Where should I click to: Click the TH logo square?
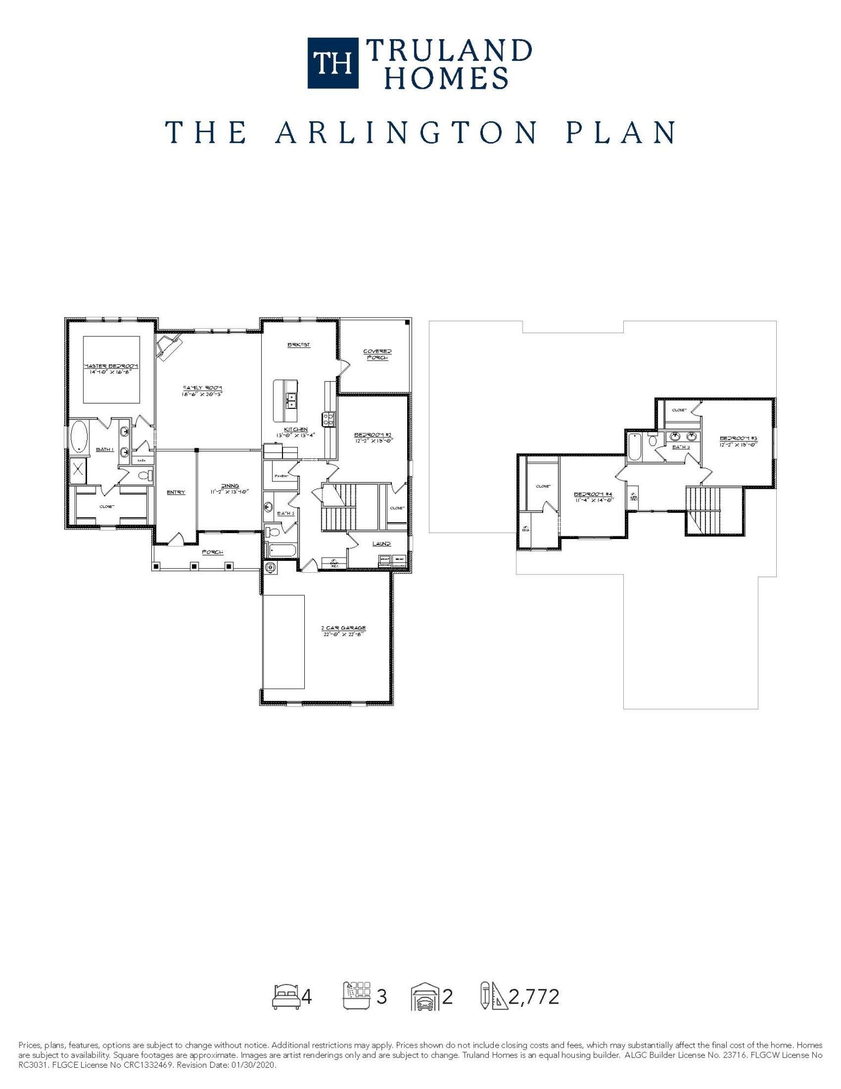[333, 63]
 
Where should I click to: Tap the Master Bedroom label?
[111, 368]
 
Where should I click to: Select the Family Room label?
[202, 390]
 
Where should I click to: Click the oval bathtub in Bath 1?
[79, 437]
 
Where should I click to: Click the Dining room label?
[230, 488]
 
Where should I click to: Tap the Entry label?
[176, 492]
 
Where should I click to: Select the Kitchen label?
[296, 432]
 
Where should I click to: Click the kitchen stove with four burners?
[329, 419]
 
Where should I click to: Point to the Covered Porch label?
[377, 354]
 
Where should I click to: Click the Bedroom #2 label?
[373, 437]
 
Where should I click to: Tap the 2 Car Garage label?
[343, 631]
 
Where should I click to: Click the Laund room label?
[381, 543]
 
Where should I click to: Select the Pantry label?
[281, 476]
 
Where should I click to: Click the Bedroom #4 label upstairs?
[593, 496]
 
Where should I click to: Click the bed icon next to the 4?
[286, 996]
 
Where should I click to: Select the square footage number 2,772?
[533, 996]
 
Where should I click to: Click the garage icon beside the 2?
[425, 996]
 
